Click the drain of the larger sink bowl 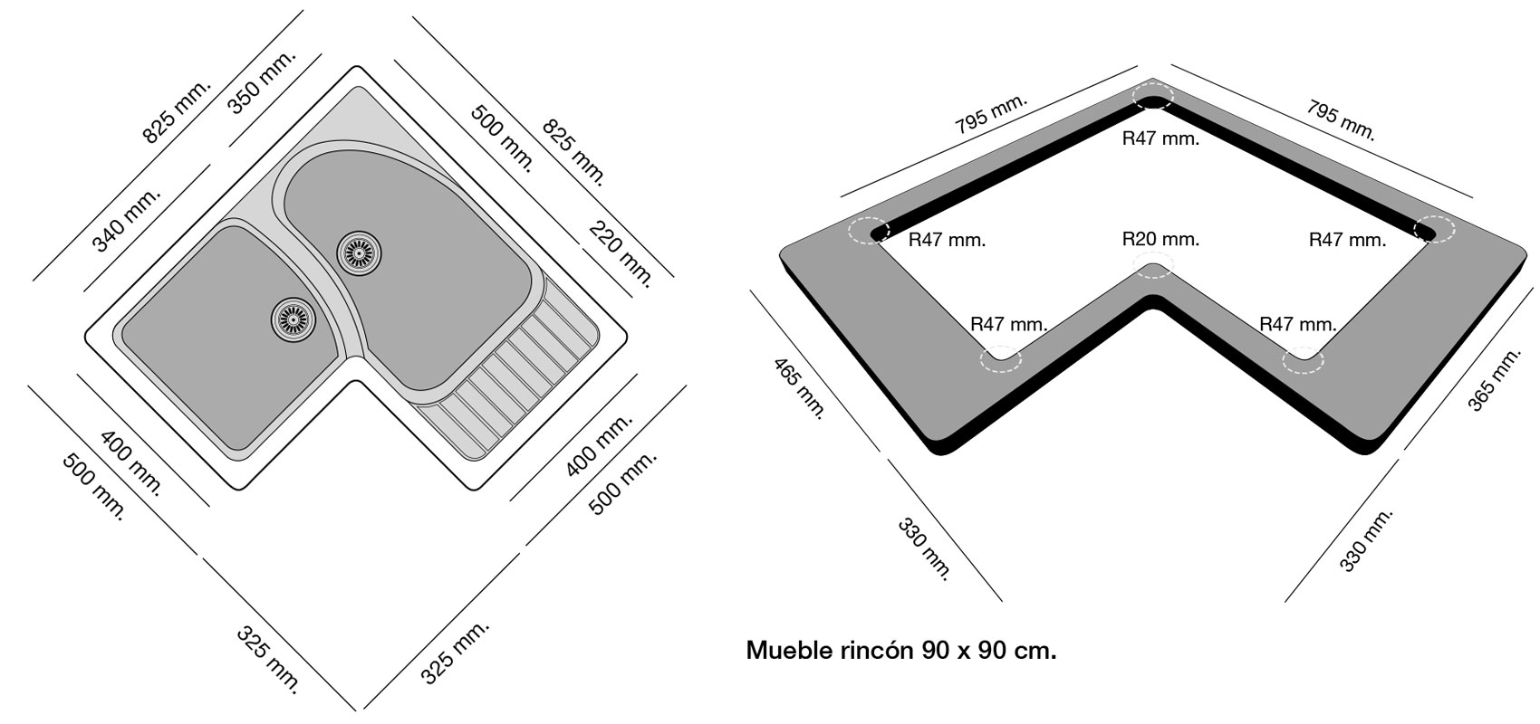358,251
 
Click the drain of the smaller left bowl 292,317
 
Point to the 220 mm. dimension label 621,252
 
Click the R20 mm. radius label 1160,240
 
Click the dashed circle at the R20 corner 1153,267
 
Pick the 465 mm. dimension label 799,388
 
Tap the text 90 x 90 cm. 989,651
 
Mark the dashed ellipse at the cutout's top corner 1152,96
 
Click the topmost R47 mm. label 1160,138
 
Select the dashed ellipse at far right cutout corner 1433,229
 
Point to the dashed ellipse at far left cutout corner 870,232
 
